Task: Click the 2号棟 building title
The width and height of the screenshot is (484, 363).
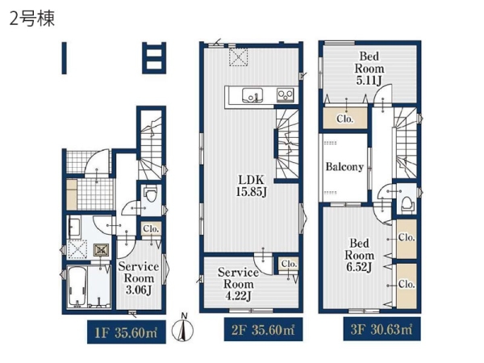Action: [32, 19]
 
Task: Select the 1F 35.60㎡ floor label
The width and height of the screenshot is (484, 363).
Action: [127, 332]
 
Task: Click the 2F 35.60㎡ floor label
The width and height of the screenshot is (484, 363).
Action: [263, 330]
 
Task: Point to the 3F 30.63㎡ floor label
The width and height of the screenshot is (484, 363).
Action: [382, 329]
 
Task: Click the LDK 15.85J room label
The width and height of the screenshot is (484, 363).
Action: [251, 186]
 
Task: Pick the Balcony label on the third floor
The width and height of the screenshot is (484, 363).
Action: [344, 167]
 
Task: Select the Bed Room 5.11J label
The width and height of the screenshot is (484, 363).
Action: [369, 69]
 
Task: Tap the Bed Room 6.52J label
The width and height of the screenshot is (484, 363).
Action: [359, 255]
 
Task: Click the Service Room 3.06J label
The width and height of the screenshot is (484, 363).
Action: [139, 278]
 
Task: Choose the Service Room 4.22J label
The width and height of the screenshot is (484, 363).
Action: [238, 284]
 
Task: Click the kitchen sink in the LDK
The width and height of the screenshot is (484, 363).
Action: [252, 95]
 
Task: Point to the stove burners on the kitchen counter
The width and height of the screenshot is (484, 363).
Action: [286, 94]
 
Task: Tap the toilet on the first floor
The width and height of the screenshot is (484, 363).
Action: [152, 194]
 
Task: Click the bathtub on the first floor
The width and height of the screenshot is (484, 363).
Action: [77, 286]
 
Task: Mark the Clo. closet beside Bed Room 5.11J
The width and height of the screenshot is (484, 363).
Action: [345, 119]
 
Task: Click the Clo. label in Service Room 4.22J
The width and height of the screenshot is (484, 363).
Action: [289, 265]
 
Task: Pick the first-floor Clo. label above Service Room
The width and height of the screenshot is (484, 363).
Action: [151, 229]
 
